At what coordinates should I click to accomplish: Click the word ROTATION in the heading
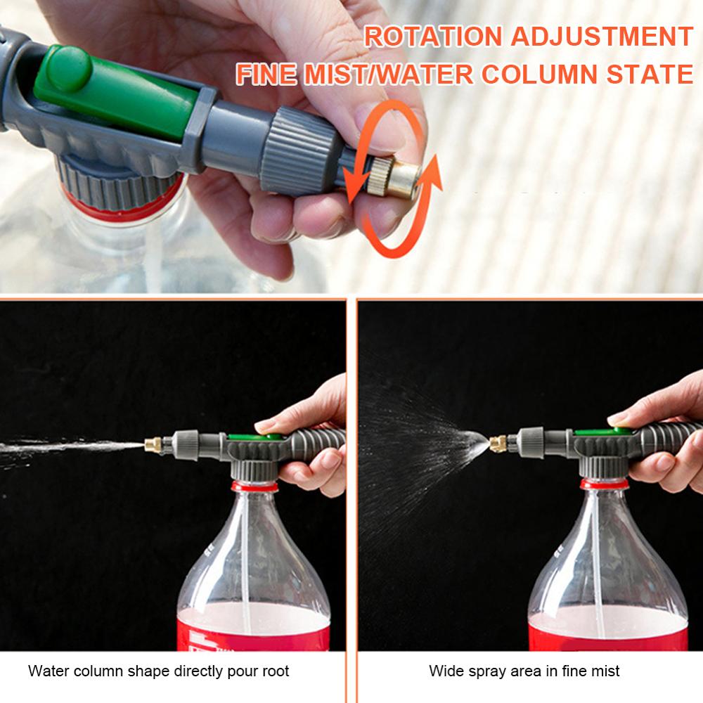[432, 37]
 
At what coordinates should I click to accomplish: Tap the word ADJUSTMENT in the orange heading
[602, 37]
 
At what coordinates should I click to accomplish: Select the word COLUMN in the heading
[540, 75]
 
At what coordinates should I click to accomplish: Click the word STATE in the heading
[650, 75]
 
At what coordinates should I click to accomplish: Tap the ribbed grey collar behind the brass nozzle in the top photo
[299, 150]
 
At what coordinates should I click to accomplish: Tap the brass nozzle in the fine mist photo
[498, 444]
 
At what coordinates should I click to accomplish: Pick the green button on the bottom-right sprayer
[601, 432]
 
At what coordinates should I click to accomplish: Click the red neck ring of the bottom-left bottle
[254, 486]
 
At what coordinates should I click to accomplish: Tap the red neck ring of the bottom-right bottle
[604, 484]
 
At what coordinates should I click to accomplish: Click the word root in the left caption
[276, 671]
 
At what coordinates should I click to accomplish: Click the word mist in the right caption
[606, 671]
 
